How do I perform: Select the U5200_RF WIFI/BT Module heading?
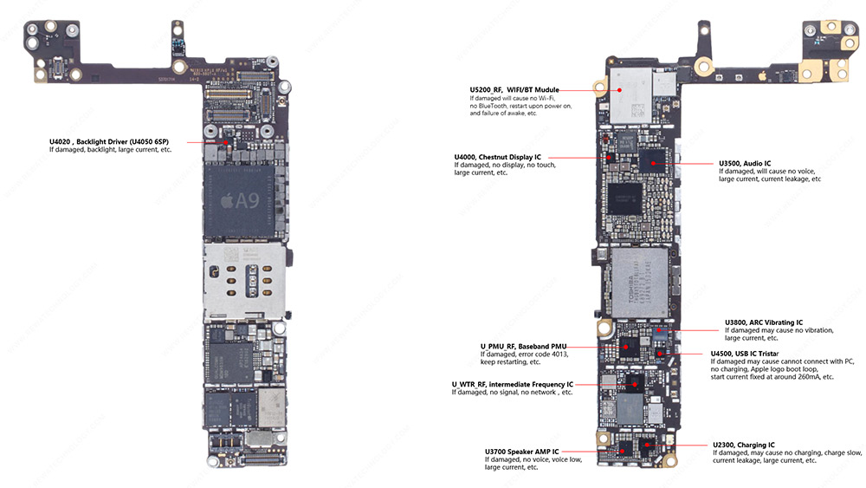[x=514, y=89]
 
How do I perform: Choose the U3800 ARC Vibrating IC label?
[x=763, y=322]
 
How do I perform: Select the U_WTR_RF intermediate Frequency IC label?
[x=512, y=384]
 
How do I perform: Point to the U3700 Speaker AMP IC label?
[x=521, y=452]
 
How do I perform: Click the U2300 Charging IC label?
[x=743, y=445]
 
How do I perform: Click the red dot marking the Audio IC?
[x=655, y=162]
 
